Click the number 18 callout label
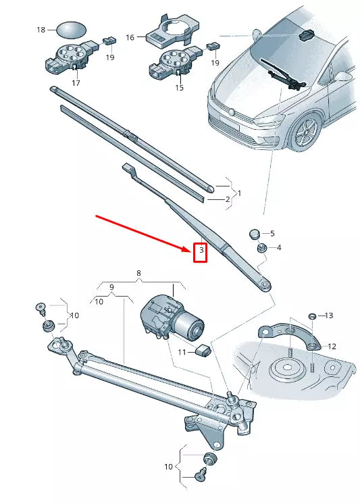[x=41, y=30]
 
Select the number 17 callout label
[x=76, y=83]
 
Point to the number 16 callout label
[x=130, y=38]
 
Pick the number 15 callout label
[x=180, y=88]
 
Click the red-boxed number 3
[x=201, y=251]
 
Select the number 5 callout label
[x=272, y=233]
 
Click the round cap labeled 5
[x=255, y=234]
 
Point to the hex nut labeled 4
[x=260, y=249]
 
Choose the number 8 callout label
[x=138, y=274]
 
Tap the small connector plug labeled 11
[x=203, y=349]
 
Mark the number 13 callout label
[x=329, y=316]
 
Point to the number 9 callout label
[x=112, y=287]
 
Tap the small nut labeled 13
[x=311, y=316]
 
